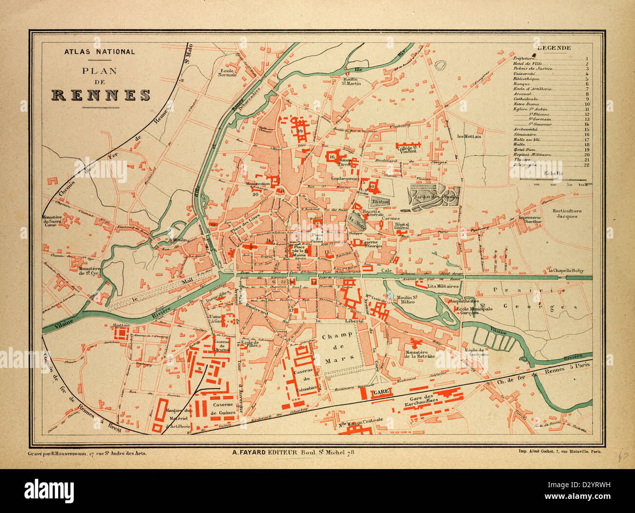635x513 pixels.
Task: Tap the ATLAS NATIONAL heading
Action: pos(100,52)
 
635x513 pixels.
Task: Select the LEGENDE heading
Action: pos(554,48)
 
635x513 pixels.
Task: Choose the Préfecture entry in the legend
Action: pos(526,59)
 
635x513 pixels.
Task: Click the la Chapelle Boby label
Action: pos(566,270)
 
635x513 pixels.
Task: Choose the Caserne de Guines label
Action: pos(222,409)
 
